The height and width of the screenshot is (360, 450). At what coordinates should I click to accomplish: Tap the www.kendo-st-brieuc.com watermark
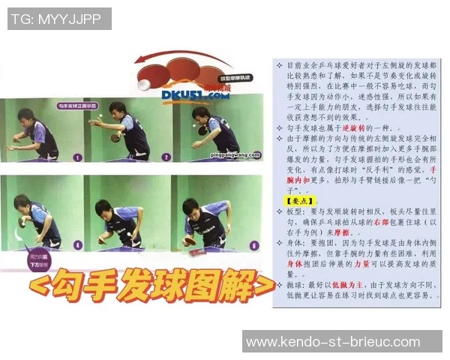click(341, 342)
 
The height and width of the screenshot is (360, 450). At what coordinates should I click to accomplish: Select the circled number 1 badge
click(77, 157)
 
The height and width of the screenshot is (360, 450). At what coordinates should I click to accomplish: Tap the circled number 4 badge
click(77, 244)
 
